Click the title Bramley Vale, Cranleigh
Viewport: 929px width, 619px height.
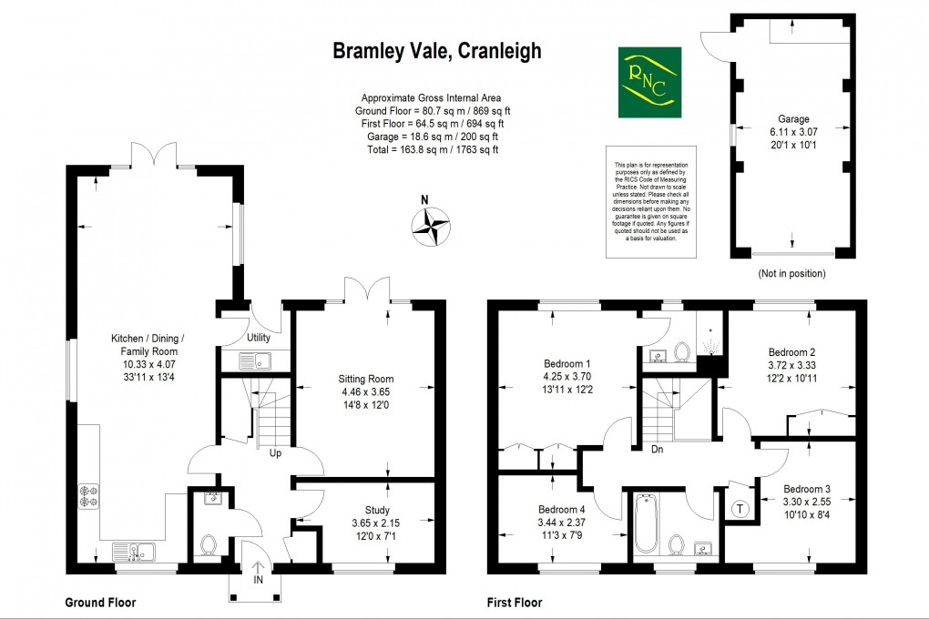(436, 51)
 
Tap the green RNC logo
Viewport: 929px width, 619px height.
(648, 81)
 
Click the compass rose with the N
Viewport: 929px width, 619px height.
(430, 226)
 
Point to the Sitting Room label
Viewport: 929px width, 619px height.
(365, 379)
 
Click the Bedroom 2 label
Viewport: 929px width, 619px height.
(791, 352)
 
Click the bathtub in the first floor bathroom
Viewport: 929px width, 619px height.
(646, 523)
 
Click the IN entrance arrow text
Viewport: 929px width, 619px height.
(257, 578)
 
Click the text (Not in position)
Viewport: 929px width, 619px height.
(791, 273)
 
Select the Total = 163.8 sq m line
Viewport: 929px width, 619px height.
(431, 149)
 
